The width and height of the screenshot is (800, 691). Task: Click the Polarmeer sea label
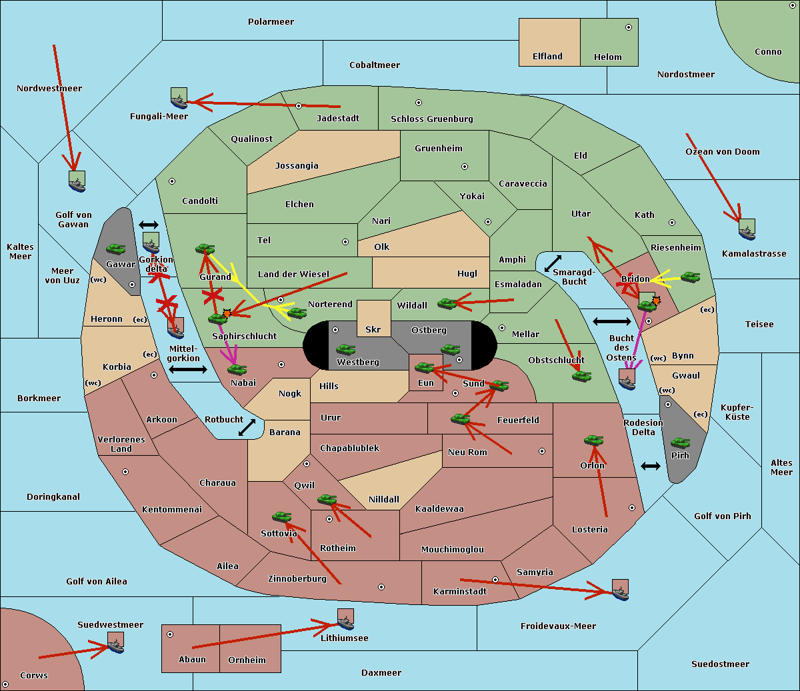(271, 22)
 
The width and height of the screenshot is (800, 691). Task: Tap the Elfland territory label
(547, 57)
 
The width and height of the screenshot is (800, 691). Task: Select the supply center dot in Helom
(628, 27)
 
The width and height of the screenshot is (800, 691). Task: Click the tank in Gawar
(115, 249)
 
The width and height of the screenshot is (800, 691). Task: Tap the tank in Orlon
(593, 440)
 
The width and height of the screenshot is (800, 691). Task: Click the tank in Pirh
(680, 443)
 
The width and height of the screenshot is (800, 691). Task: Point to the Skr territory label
(373, 329)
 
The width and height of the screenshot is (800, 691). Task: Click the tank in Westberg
(345, 349)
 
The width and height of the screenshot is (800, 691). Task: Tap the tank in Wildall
(447, 304)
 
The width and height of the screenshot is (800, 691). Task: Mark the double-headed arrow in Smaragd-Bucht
(553, 263)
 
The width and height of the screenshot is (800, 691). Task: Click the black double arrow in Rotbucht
(247, 427)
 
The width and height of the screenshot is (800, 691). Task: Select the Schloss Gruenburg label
(431, 119)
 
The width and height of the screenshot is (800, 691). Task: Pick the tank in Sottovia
(281, 517)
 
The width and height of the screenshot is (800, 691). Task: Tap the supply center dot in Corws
(5, 684)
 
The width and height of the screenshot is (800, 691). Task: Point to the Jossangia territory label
(297, 166)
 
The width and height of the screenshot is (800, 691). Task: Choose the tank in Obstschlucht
(581, 376)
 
